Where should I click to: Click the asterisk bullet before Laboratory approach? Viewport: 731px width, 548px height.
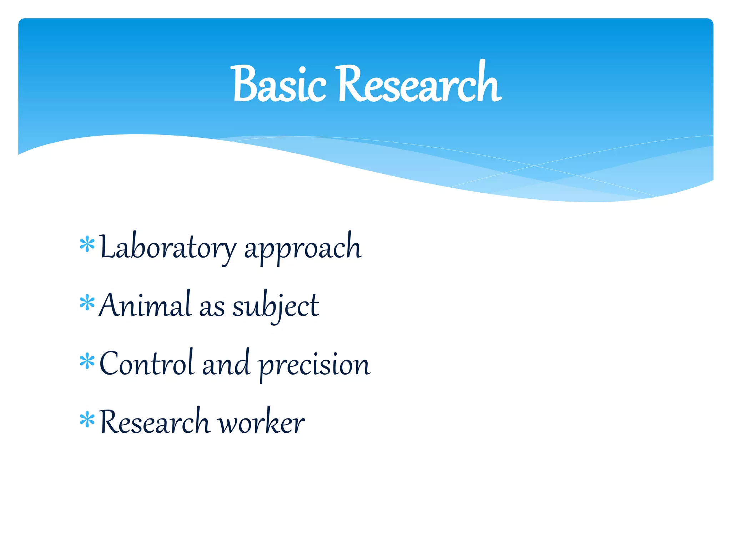point(87,245)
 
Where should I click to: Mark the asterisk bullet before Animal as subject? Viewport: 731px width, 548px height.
point(87,303)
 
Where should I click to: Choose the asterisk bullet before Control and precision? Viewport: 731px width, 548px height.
point(87,361)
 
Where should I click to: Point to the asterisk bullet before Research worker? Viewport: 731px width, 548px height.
point(87,420)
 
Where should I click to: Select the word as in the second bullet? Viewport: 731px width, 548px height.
point(212,308)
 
